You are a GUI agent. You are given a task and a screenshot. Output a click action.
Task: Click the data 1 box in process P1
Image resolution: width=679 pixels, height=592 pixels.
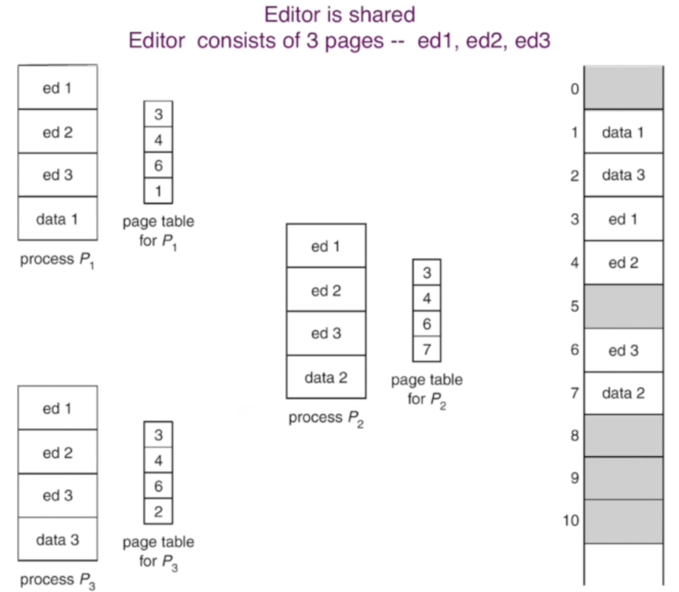click(x=57, y=219)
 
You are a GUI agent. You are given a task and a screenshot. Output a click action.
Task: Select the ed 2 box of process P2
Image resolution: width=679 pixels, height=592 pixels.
click(x=326, y=290)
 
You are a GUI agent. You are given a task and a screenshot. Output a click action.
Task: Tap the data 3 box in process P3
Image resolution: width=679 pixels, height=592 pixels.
click(x=57, y=539)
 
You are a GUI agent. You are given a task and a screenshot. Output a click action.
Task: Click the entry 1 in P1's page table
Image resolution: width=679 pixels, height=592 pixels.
click(x=158, y=191)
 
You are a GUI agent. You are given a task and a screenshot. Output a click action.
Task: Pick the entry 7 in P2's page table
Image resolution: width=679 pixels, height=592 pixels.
click(x=427, y=349)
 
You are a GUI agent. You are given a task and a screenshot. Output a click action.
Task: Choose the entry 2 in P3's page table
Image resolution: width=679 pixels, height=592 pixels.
click(x=158, y=511)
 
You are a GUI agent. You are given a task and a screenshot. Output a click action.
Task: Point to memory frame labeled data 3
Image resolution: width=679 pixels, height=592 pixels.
click(x=622, y=175)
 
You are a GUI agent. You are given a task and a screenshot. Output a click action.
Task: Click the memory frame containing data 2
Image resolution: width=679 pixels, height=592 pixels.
click(x=622, y=393)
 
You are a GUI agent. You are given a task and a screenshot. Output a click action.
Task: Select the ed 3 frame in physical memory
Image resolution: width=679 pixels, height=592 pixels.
click(x=622, y=350)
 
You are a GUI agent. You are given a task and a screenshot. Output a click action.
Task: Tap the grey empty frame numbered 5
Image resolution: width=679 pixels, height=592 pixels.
click(x=622, y=307)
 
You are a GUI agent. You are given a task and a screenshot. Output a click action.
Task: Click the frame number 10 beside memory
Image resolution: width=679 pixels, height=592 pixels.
click(x=571, y=521)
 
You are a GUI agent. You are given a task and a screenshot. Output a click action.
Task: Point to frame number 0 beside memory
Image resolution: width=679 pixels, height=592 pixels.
click(x=574, y=89)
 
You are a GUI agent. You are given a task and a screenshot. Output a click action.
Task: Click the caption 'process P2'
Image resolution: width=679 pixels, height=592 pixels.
click(x=326, y=419)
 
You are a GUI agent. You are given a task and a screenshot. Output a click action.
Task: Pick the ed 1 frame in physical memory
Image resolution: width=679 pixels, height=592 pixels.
click(x=622, y=219)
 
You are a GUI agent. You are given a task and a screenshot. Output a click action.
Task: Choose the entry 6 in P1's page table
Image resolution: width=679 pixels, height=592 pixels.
click(x=158, y=166)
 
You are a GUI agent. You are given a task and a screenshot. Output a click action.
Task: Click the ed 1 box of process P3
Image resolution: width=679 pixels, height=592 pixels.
click(x=57, y=408)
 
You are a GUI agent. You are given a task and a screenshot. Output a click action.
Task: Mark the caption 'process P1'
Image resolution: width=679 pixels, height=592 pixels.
click(x=57, y=260)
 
